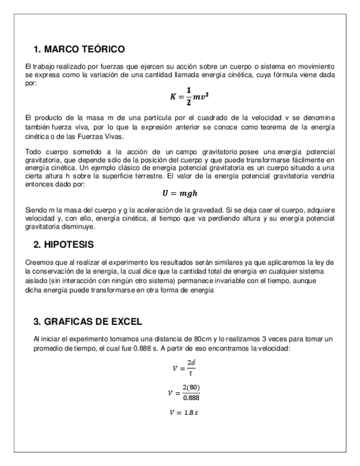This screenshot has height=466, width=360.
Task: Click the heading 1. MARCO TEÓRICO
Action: point(79,49)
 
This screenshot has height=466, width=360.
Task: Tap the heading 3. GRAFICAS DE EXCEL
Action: point(87,321)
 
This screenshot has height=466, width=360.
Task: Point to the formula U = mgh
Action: point(180,193)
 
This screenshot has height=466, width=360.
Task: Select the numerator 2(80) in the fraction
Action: point(191,388)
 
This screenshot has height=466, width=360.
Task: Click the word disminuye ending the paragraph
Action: point(80,226)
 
